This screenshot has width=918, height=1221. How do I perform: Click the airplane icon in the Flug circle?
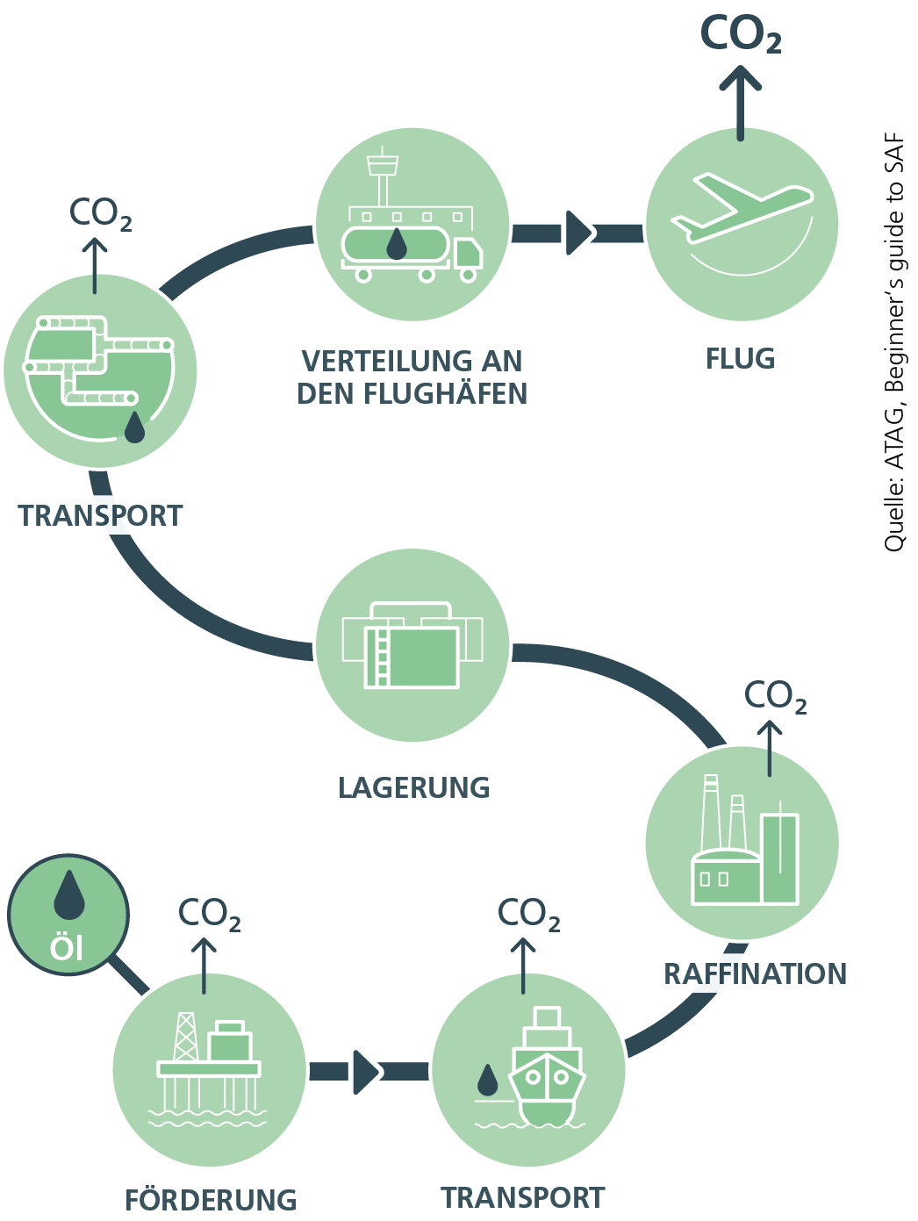[x=740, y=207]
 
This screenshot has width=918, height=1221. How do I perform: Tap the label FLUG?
[x=740, y=359]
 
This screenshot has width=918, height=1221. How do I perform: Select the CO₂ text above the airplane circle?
[x=740, y=35]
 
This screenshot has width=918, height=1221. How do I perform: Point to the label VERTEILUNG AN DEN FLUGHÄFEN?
[x=412, y=377]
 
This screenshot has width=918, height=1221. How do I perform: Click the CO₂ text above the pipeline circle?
[x=100, y=213]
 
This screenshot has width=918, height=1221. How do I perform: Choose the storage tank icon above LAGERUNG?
[x=412, y=646]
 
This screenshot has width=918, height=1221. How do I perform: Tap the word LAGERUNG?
[x=413, y=788]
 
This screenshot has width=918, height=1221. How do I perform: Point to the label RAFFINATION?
[x=755, y=974]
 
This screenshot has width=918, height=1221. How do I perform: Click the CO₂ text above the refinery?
[x=775, y=696]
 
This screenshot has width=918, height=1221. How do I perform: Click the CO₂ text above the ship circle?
[x=528, y=914]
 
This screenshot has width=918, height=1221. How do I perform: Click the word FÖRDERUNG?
[x=211, y=1200]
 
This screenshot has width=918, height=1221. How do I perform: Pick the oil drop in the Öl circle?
[x=68, y=894]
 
